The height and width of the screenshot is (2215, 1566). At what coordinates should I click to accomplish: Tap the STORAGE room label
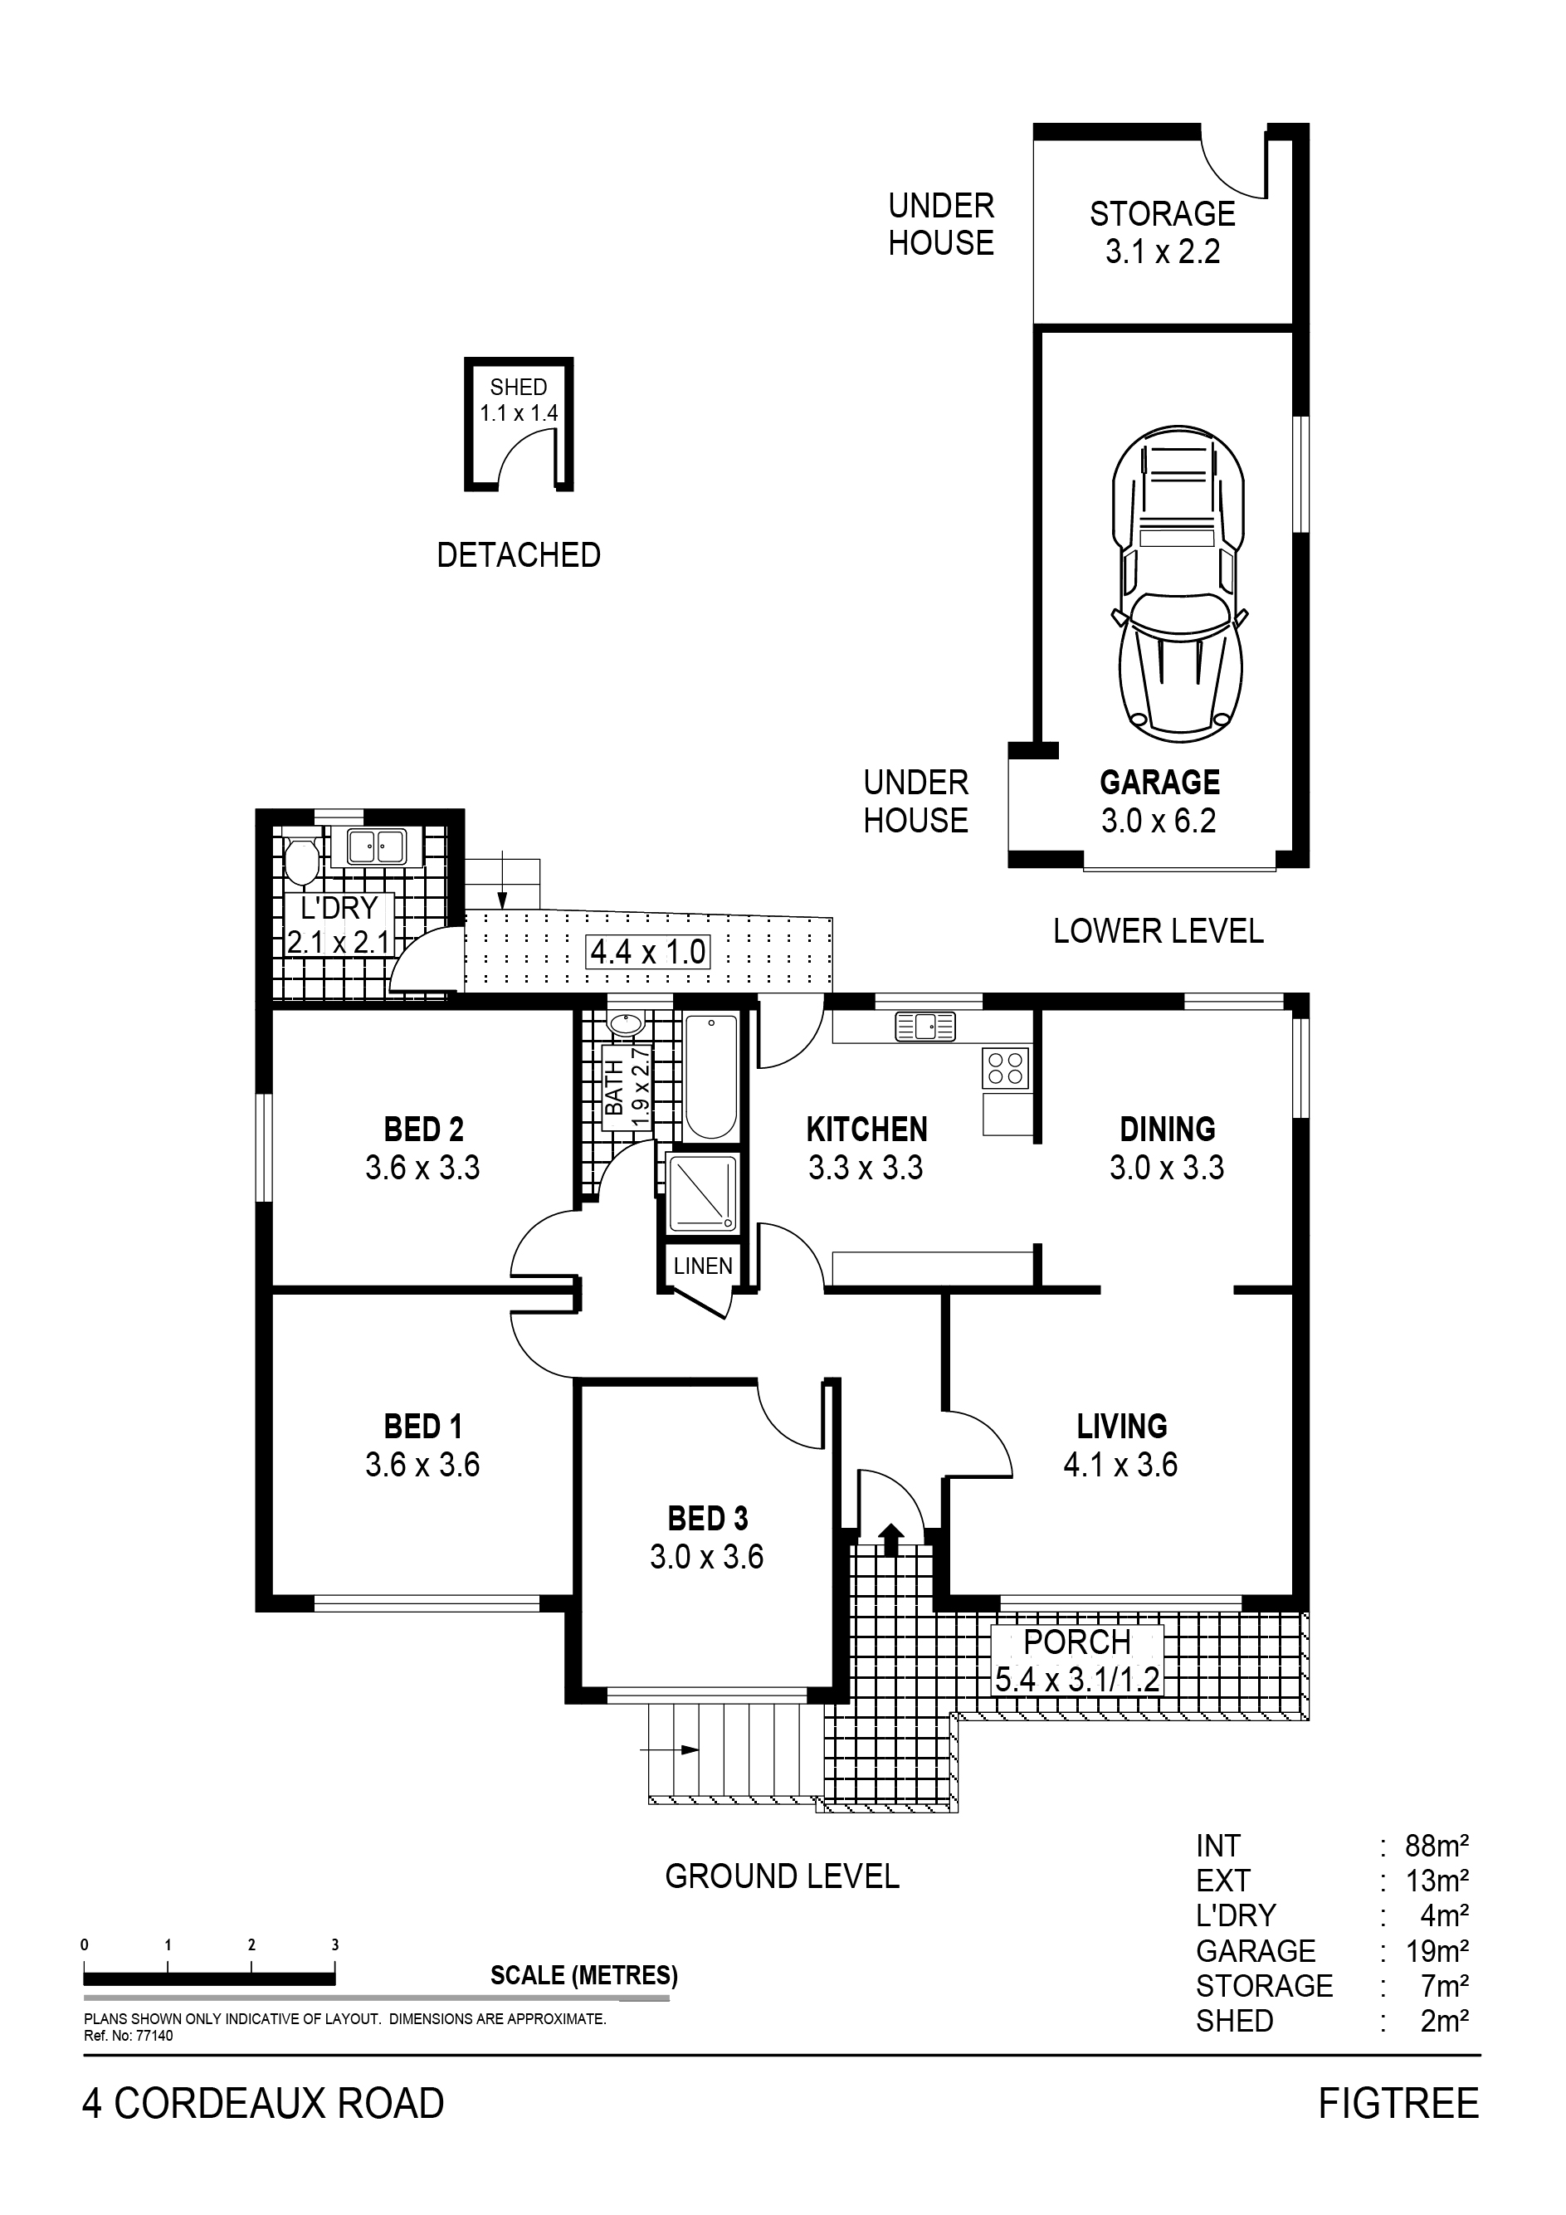tap(1163, 213)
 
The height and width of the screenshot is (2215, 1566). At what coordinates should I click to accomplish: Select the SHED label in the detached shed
tap(518, 387)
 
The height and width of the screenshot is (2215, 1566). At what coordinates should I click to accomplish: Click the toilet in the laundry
tap(302, 861)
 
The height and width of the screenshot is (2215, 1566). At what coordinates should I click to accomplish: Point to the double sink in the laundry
tap(376, 846)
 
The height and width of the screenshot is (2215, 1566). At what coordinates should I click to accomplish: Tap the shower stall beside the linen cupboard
tap(702, 1193)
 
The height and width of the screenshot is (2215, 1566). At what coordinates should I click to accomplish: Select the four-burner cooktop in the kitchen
tap(1005, 1068)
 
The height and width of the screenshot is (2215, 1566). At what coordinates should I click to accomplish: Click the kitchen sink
tap(925, 1027)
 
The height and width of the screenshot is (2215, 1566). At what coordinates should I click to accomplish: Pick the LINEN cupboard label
tap(702, 1266)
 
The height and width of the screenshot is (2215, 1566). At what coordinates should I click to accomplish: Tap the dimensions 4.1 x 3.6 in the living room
tap(1120, 1465)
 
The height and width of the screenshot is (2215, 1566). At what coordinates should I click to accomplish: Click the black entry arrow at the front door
tap(890, 1539)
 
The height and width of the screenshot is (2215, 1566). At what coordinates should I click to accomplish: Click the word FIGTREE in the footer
tap(1398, 2104)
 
